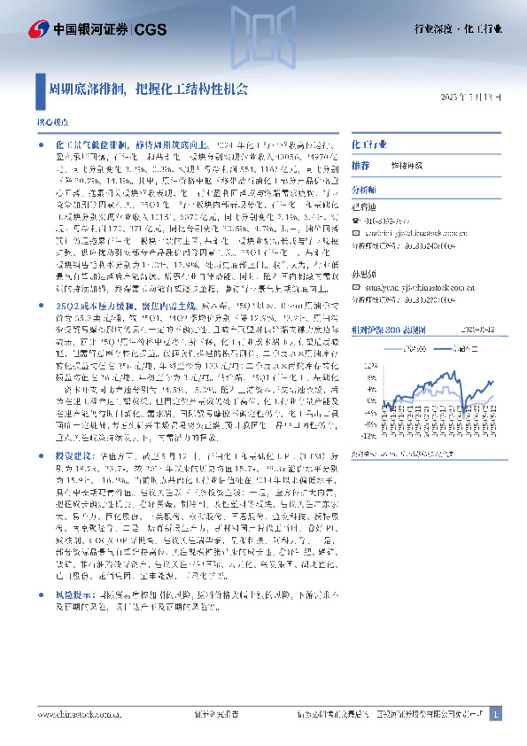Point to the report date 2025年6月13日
(x=476, y=97)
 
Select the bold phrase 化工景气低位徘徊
(x=87, y=143)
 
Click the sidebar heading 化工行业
(x=369, y=143)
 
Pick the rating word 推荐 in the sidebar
(x=360, y=166)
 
